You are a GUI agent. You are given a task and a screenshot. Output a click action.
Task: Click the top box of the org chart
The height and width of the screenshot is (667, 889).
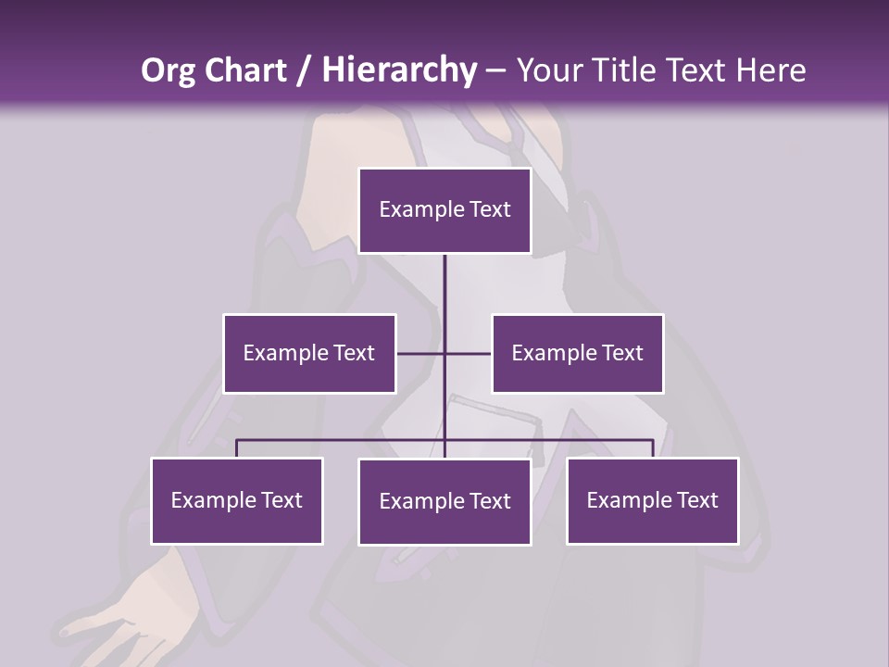444,210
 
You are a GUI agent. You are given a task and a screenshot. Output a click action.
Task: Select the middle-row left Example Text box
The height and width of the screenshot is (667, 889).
309,354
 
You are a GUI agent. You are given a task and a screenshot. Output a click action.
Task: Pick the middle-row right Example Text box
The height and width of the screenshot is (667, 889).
577,354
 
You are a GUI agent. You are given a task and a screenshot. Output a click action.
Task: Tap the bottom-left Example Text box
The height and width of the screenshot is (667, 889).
237,501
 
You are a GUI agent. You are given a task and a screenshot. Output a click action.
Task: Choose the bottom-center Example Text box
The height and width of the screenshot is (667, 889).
444,502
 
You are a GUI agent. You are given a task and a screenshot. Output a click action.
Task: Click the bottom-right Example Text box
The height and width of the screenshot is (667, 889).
653,501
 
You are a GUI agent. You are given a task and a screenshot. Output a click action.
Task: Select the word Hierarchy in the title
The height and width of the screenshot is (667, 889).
398,70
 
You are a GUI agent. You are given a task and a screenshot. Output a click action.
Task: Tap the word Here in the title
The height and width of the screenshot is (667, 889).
771,70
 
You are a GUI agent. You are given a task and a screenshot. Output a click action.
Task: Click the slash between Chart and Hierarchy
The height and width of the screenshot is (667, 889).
305,70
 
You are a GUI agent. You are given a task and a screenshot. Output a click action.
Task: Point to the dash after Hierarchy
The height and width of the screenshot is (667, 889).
495,70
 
